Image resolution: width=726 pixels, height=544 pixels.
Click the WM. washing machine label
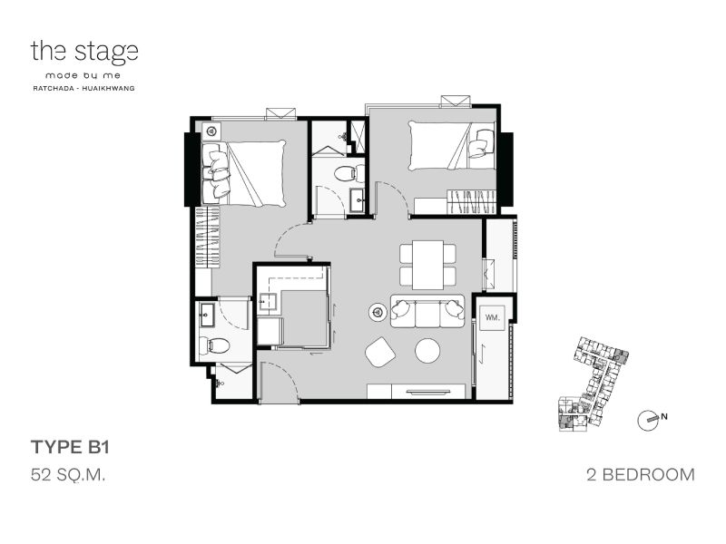[491, 317]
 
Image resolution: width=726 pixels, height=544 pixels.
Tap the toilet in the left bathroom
[214, 345]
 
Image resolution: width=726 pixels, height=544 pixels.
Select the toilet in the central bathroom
[345, 173]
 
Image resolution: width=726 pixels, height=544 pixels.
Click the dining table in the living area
[427, 265]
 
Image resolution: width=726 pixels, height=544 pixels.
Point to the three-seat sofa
[427, 311]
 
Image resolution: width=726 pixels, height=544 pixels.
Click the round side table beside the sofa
[378, 312]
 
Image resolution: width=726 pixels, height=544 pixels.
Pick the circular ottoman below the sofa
[427, 351]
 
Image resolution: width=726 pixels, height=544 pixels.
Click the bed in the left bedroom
[244, 173]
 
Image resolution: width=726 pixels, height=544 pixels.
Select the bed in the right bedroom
[451, 146]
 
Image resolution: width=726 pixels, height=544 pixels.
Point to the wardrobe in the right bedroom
[471, 201]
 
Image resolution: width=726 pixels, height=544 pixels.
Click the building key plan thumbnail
[593, 384]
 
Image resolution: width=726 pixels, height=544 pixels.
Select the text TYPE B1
[70, 447]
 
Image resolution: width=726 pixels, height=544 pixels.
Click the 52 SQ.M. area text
[68, 474]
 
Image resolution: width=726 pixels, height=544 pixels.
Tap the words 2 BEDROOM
[641, 474]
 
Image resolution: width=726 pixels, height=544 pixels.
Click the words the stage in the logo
[84, 52]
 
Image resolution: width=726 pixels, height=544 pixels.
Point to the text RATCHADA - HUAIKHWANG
[83, 88]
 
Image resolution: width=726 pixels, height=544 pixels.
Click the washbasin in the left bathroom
[207, 315]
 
